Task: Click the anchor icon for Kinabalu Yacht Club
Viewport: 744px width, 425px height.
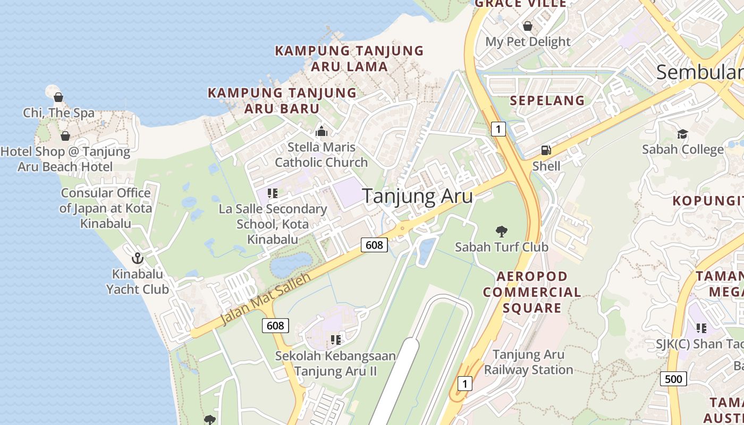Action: click(x=138, y=258)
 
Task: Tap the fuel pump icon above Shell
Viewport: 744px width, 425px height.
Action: click(x=546, y=150)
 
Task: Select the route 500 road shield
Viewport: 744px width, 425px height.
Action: click(x=673, y=379)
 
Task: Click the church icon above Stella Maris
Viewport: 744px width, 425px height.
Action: click(x=321, y=131)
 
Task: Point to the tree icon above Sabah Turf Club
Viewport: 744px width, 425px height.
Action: click(x=501, y=231)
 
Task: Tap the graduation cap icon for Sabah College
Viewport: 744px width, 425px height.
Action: click(x=682, y=134)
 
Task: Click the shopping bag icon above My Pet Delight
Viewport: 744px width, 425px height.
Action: click(x=528, y=25)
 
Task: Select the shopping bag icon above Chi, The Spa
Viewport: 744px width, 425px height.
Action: click(x=58, y=97)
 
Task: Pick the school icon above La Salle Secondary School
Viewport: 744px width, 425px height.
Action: click(x=273, y=193)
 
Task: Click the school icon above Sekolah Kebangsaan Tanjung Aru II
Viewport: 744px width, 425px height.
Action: click(x=335, y=339)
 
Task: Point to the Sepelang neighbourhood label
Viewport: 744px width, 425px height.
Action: click(x=547, y=100)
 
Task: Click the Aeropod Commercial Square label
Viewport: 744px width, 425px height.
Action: click(x=532, y=292)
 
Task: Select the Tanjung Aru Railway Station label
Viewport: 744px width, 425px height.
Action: click(x=528, y=362)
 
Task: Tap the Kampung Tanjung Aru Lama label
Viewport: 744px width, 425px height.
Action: click(x=349, y=58)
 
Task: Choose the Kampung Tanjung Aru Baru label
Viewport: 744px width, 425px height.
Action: click(x=282, y=100)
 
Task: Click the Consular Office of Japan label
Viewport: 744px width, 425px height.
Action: click(x=106, y=208)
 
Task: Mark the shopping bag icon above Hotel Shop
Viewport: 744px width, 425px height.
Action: click(x=65, y=136)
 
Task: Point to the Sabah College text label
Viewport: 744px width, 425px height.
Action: click(x=682, y=149)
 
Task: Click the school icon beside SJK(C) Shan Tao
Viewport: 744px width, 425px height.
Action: click(x=701, y=328)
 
